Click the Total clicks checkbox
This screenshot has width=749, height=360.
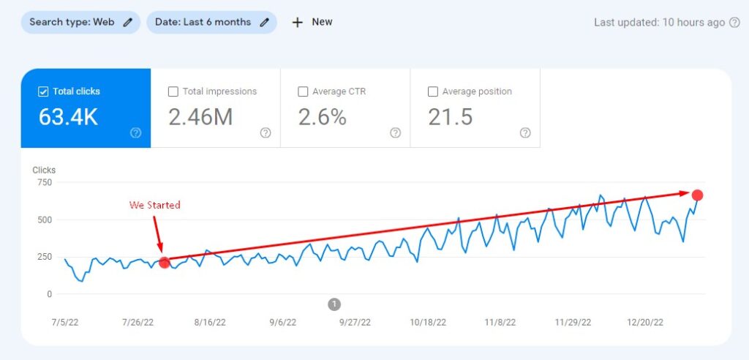tap(43, 92)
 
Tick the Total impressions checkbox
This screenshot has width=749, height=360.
tap(173, 92)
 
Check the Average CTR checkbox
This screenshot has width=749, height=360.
tap(304, 92)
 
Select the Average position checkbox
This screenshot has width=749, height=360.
tap(433, 92)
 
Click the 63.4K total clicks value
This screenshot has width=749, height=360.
tap(68, 117)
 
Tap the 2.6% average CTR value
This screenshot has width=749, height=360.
tap(323, 117)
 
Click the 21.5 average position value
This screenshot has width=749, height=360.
tap(451, 117)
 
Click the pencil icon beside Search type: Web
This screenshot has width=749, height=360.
tap(128, 22)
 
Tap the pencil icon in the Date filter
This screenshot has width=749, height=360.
tap(264, 22)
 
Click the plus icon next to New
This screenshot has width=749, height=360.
tap(297, 22)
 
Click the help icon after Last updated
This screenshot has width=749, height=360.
tap(734, 23)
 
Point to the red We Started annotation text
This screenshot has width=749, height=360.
tap(154, 205)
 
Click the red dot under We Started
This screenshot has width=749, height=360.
tap(165, 263)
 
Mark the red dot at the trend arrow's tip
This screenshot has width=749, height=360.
tap(697, 195)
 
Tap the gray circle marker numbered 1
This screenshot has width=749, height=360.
tap(334, 304)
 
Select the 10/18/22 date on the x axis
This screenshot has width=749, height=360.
tap(428, 322)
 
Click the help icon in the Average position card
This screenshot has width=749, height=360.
tap(525, 132)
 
